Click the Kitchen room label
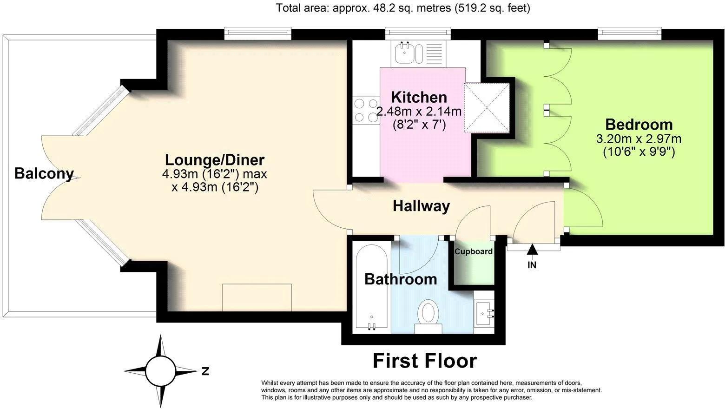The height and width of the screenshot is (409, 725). pyautogui.click(x=419, y=97)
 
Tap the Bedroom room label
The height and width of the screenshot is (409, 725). pyautogui.click(x=639, y=125)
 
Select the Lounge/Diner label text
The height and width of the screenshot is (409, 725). pyautogui.click(x=215, y=160)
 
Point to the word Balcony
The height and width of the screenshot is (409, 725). pyautogui.click(x=44, y=173)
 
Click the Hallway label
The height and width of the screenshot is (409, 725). pyautogui.click(x=421, y=206)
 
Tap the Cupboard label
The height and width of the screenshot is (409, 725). pyautogui.click(x=473, y=251)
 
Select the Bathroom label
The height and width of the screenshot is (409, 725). pyautogui.click(x=401, y=279)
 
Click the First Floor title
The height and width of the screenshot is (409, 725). pyautogui.click(x=425, y=361)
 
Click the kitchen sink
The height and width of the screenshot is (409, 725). pyautogui.click(x=408, y=53)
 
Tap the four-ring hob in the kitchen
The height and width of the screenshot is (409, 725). pyautogui.click(x=366, y=111)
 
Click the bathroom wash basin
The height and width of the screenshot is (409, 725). pyautogui.click(x=485, y=313)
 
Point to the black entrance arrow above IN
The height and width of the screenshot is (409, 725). pyautogui.click(x=532, y=250)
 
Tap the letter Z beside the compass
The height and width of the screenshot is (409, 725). pyautogui.click(x=205, y=371)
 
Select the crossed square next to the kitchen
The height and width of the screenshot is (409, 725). pyautogui.click(x=487, y=107)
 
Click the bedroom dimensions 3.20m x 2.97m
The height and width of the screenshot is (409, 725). pyautogui.click(x=639, y=139)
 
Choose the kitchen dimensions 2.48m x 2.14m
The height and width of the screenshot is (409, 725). pyautogui.click(x=419, y=112)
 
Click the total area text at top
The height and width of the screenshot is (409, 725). pyautogui.click(x=403, y=8)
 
